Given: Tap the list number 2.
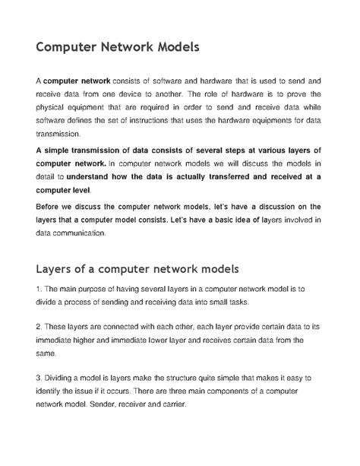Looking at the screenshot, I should tap(38, 327).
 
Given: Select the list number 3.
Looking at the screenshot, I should tap(38, 377).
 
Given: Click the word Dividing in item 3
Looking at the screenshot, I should tap(63, 377).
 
